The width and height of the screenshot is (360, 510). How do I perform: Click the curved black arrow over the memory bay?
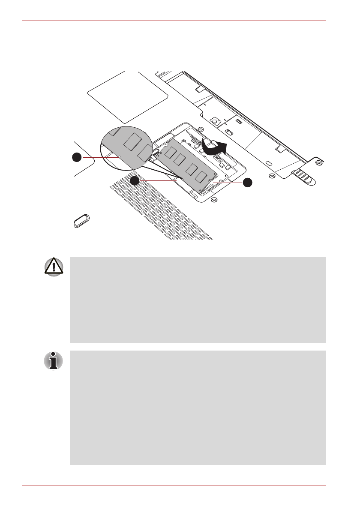(214, 148)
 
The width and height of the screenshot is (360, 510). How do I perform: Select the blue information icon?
(53, 361)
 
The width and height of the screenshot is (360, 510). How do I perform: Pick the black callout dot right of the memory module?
(248, 183)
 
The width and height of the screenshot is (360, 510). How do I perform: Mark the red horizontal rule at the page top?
(174, 21)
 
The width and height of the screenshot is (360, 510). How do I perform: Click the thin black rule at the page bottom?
(174, 486)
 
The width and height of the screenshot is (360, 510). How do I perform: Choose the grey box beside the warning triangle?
(197, 300)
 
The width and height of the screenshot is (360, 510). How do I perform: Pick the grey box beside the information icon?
(197, 408)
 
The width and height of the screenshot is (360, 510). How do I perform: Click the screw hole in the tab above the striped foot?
(318, 163)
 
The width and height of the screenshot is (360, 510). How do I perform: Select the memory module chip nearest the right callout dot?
(201, 177)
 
